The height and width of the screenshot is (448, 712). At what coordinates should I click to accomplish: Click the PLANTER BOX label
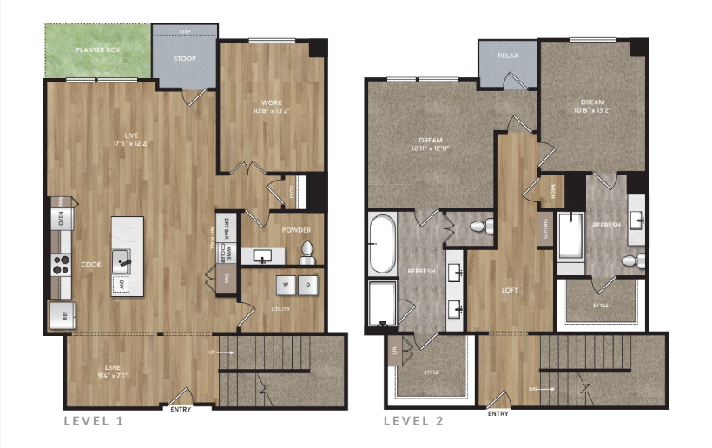pyautogui.click(x=97, y=51)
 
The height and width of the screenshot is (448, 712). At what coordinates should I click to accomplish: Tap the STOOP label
pyautogui.click(x=184, y=59)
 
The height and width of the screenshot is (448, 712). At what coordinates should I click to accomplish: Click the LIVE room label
pyautogui.click(x=131, y=136)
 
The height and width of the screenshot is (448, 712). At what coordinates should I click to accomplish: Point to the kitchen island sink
pyautogui.click(x=126, y=258)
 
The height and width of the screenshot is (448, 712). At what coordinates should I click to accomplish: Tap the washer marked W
pyautogui.click(x=283, y=283)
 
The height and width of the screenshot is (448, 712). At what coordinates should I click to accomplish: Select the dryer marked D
pyautogui.click(x=308, y=283)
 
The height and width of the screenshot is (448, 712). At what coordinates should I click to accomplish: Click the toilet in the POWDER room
pyautogui.click(x=307, y=253)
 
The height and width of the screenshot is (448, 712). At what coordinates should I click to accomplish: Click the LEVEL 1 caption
pyautogui.click(x=94, y=421)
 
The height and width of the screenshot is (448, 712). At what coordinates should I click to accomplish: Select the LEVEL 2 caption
pyautogui.click(x=415, y=421)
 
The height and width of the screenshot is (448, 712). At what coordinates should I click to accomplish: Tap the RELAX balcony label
pyautogui.click(x=508, y=56)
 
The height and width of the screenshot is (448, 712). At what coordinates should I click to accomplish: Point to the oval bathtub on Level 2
pyautogui.click(x=383, y=244)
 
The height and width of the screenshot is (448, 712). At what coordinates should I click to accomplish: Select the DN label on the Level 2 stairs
pyautogui.click(x=532, y=390)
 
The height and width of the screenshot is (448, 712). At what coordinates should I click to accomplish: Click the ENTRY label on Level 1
pyautogui.click(x=181, y=410)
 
